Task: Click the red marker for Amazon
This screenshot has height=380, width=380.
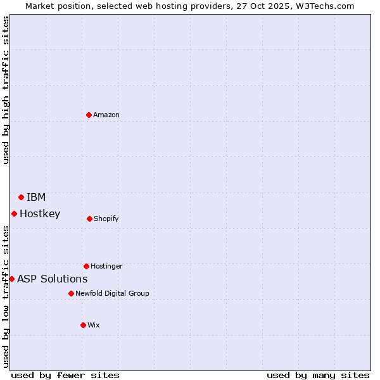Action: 89,115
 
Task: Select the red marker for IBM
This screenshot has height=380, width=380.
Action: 21,197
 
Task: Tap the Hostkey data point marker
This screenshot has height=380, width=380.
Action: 14,213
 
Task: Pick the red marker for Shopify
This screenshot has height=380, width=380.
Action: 89,218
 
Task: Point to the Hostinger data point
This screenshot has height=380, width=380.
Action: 86,266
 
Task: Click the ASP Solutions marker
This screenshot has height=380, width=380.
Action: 11,279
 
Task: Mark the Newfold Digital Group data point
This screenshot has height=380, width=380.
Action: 71,293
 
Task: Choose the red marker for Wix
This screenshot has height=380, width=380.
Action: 83,325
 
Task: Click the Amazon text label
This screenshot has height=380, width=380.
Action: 106,115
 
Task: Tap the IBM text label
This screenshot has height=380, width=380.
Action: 36,197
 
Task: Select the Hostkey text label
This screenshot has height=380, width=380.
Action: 40,213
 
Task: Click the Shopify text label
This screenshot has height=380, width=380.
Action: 106,218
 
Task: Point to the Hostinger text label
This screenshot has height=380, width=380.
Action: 106,266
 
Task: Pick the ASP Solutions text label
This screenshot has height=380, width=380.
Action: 53,279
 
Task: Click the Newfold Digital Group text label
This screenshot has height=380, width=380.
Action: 112,293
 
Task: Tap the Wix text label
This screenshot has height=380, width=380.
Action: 94,325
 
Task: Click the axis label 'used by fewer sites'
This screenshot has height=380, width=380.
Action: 65,375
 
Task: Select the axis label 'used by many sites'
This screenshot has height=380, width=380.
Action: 318,375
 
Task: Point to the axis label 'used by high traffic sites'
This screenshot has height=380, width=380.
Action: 6,90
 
